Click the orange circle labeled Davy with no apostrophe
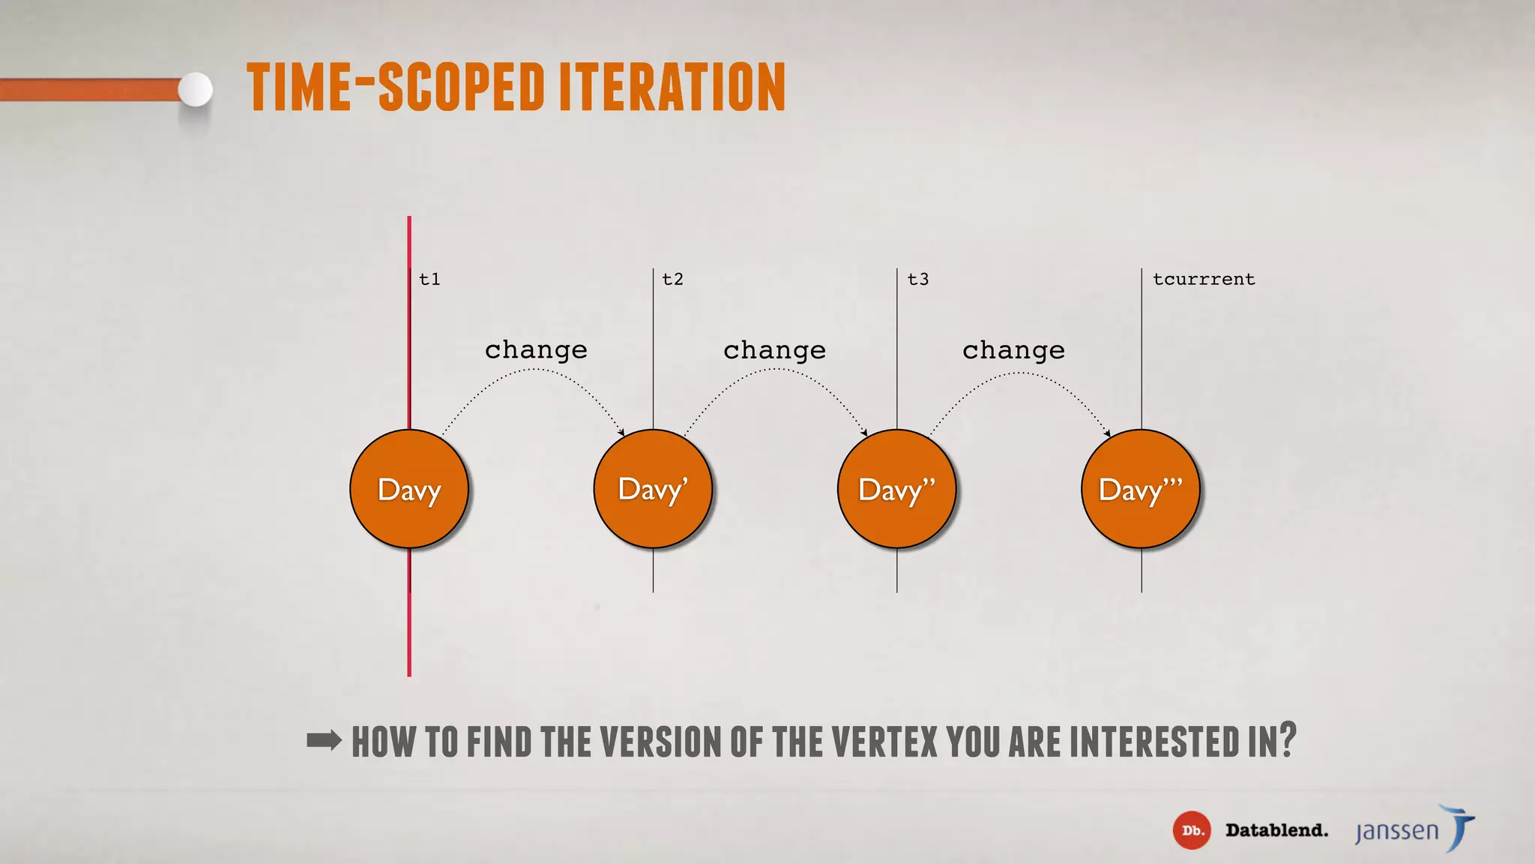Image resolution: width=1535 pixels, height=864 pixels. (409, 489)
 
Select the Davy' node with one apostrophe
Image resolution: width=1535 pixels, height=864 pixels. (653, 489)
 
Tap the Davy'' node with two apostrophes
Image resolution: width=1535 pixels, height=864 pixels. (896, 489)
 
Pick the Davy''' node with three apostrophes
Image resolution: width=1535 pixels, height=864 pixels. (1141, 489)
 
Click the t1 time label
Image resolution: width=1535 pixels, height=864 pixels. (429, 280)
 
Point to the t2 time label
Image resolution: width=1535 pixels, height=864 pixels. (673, 280)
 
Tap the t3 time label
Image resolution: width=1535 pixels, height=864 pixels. (918, 280)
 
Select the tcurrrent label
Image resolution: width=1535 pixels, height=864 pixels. (1204, 280)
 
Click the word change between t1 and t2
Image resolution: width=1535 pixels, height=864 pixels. (536, 350)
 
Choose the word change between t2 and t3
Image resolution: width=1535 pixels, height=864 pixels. (774, 350)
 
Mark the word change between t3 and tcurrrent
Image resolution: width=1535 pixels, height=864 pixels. (1013, 350)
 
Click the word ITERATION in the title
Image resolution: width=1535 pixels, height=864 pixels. (672, 88)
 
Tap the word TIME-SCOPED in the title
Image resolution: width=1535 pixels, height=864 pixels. (396, 88)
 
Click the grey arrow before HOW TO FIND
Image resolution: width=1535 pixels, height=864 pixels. (325, 741)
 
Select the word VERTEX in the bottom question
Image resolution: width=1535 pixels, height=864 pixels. (884, 742)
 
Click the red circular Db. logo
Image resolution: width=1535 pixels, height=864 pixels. (1192, 830)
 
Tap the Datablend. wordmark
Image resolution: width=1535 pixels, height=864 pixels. (1276, 830)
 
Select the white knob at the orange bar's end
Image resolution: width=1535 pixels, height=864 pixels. (196, 90)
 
